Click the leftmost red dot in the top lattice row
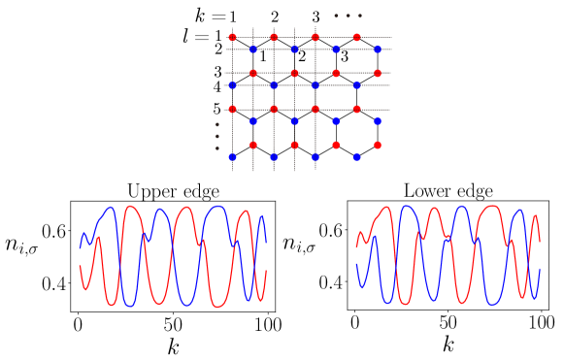click(232, 38)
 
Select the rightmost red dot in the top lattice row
click(356, 38)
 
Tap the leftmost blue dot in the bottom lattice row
click(232, 156)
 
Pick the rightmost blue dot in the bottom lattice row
click(356, 156)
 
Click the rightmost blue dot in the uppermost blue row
click(378, 49)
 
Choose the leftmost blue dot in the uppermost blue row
click(253, 49)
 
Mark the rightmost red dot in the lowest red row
click(378, 145)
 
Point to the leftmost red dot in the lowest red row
click(253, 145)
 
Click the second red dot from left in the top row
click(274, 38)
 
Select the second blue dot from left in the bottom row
click(274, 156)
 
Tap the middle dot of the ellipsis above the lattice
click(348, 16)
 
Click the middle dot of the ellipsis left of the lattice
click(216, 137)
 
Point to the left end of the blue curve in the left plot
click(80, 247)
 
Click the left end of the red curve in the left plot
click(80, 266)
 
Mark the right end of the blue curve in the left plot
click(266, 242)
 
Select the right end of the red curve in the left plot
click(266, 271)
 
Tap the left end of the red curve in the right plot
click(356, 245)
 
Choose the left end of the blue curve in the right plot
click(356, 264)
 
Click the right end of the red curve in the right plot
click(540, 241)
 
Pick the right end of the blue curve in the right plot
click(540, 270)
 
